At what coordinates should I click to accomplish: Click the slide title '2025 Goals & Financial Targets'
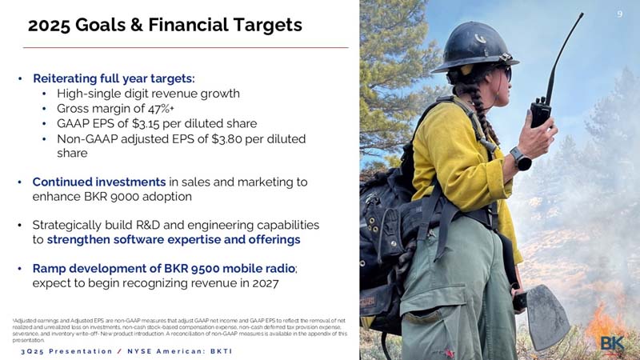click(165, 26)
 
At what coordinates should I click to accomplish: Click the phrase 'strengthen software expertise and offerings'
click(174, 240)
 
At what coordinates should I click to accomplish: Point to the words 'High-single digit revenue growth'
click(148, 93)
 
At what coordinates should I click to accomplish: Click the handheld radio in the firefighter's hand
click(540, 111)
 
